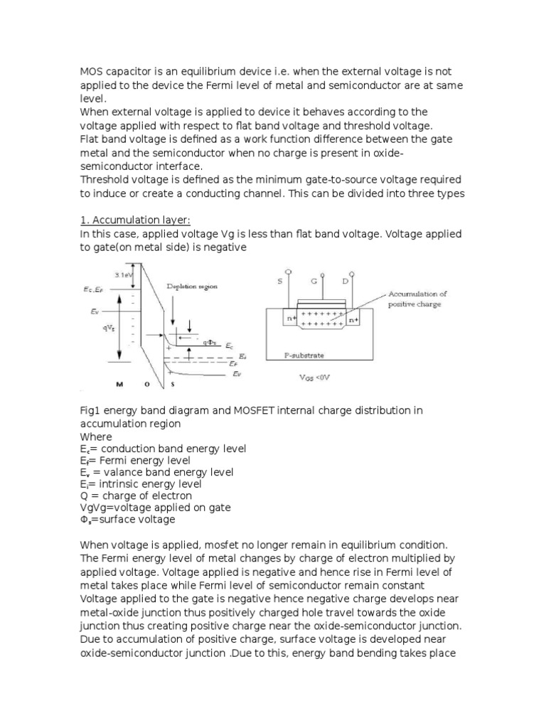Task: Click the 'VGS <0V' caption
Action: [315, 378]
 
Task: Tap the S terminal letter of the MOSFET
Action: [279, 282]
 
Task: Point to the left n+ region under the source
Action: [291, 319]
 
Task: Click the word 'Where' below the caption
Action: [96, 437]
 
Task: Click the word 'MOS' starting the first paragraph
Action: [92, 72]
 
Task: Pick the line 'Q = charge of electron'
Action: [136, 495]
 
